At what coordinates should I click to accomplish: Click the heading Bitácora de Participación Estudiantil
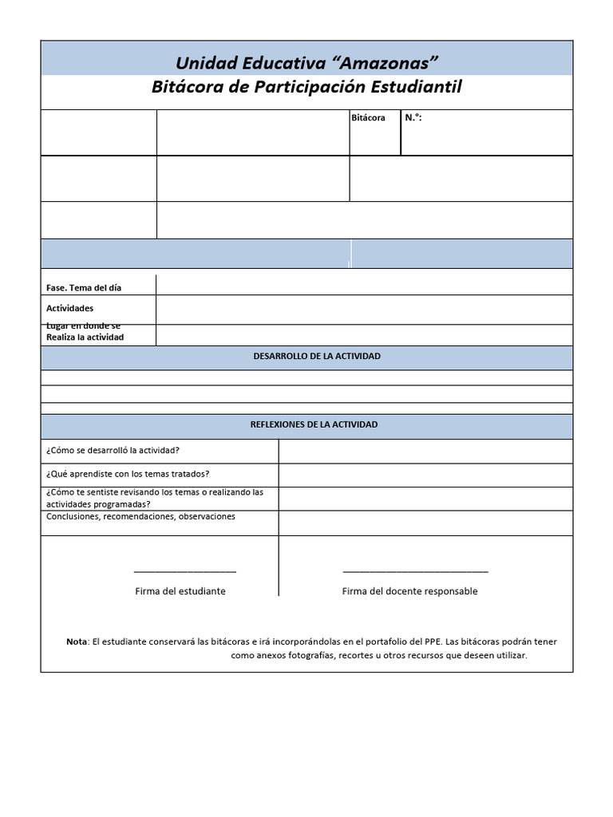click(x=306, y=87)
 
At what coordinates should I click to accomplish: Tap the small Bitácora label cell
click(x=368, y=118)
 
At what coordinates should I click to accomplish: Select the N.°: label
click(x=413, y=118)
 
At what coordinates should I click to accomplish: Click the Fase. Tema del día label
click(x=84, y=287)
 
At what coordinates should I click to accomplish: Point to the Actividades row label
click(x=69, y=308)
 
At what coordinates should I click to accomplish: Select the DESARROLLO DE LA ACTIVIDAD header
click(x=306, y=356)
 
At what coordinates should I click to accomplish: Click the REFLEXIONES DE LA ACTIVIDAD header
click(x=306, y=424)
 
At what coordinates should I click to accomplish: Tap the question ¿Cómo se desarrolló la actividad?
click(x=113, y=450)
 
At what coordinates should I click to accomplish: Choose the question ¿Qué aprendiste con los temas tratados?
click(x=128, y=474)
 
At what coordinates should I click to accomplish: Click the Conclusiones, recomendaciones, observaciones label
click(x=140, y=517)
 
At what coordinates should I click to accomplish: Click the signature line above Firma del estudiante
click(x=184, y=571)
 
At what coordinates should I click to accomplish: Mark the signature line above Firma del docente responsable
click(x=415, y=571)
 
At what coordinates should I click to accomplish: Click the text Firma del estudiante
click(x=180, y=591)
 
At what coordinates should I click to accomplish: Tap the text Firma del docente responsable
click(x=409, y=591)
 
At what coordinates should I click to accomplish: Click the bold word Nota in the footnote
click(x=77, y=641)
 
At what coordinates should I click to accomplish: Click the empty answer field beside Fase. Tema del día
click(x=364, y=285)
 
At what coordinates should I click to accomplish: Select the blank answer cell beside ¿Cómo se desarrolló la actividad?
click(x=425, y=451)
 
